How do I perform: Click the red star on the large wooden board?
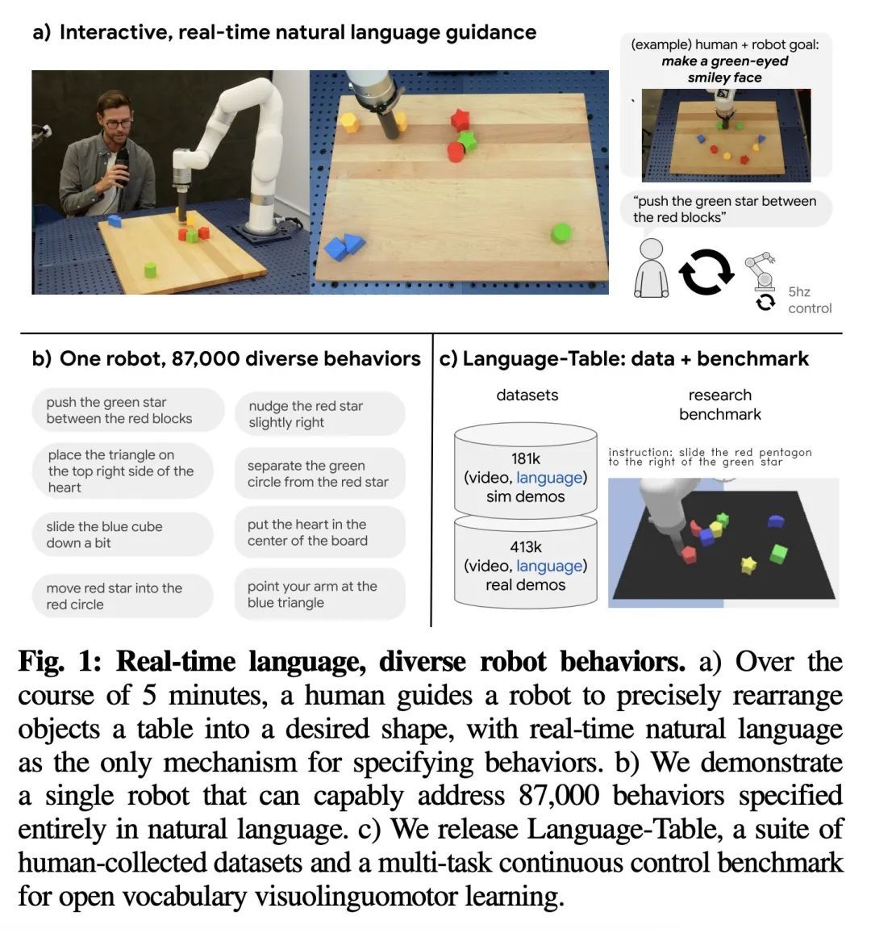coord(461,120)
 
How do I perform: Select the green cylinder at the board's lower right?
coord(561,233)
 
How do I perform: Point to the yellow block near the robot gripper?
coord(349,123)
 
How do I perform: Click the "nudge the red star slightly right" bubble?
coord(319,414)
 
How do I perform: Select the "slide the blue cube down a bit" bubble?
coord(122,534)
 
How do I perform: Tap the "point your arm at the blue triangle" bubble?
coord(319,595)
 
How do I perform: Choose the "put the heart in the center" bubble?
coord(319,533)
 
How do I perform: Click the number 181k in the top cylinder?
coord(525,458)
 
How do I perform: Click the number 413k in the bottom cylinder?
coord(525,547)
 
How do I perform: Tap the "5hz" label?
coord(799,291)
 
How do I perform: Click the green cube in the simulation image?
coord(778,554)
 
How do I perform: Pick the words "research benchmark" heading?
coord(719,404)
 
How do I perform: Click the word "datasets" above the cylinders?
coord(527,395)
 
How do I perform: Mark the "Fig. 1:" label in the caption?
coord(60,662)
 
